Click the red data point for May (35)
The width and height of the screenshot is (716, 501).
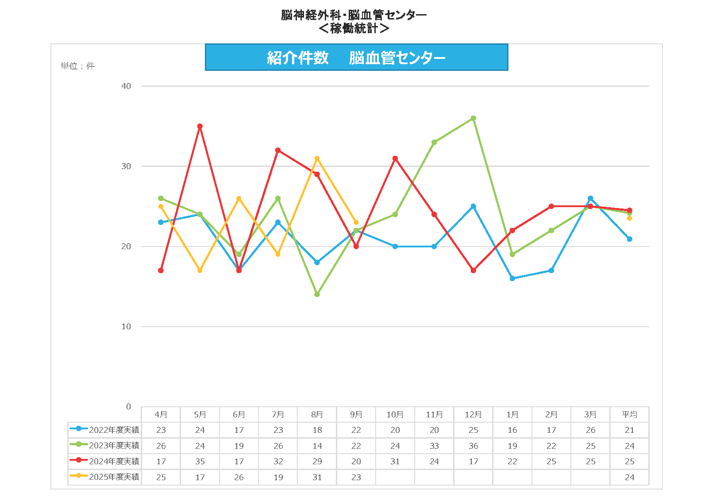coord(200,126)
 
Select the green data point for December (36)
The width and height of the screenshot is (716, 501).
coord(473,118)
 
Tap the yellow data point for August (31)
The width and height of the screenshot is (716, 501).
coord(317,158)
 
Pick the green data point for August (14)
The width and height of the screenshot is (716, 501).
coord(317,294)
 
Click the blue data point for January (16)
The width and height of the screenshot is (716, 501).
coord(512,278)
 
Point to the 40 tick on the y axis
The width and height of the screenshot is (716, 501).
coord(126,86)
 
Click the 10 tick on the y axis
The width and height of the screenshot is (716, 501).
coord(126,327)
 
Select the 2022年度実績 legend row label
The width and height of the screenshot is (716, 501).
coord(114,430)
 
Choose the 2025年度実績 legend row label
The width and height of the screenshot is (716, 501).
coord(114,477)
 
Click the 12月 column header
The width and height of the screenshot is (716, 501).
coord(473,415)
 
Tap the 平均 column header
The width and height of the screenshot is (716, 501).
coord(629,415)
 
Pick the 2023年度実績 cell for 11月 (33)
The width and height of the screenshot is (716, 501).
coord(434,446)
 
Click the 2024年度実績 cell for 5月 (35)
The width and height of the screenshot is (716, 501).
coord(200,462)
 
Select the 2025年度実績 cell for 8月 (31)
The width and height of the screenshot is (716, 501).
coord(317,478)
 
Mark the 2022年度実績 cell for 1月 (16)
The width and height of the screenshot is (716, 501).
coord(512,430)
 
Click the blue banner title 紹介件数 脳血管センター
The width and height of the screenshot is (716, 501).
coord(356,58)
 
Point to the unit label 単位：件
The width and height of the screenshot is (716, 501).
coord(78,66)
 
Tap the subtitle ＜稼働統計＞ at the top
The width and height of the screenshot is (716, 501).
coord(354,28)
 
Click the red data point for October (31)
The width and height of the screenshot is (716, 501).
coord(395,158)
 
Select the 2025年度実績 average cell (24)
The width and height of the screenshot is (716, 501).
coord(629,478)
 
